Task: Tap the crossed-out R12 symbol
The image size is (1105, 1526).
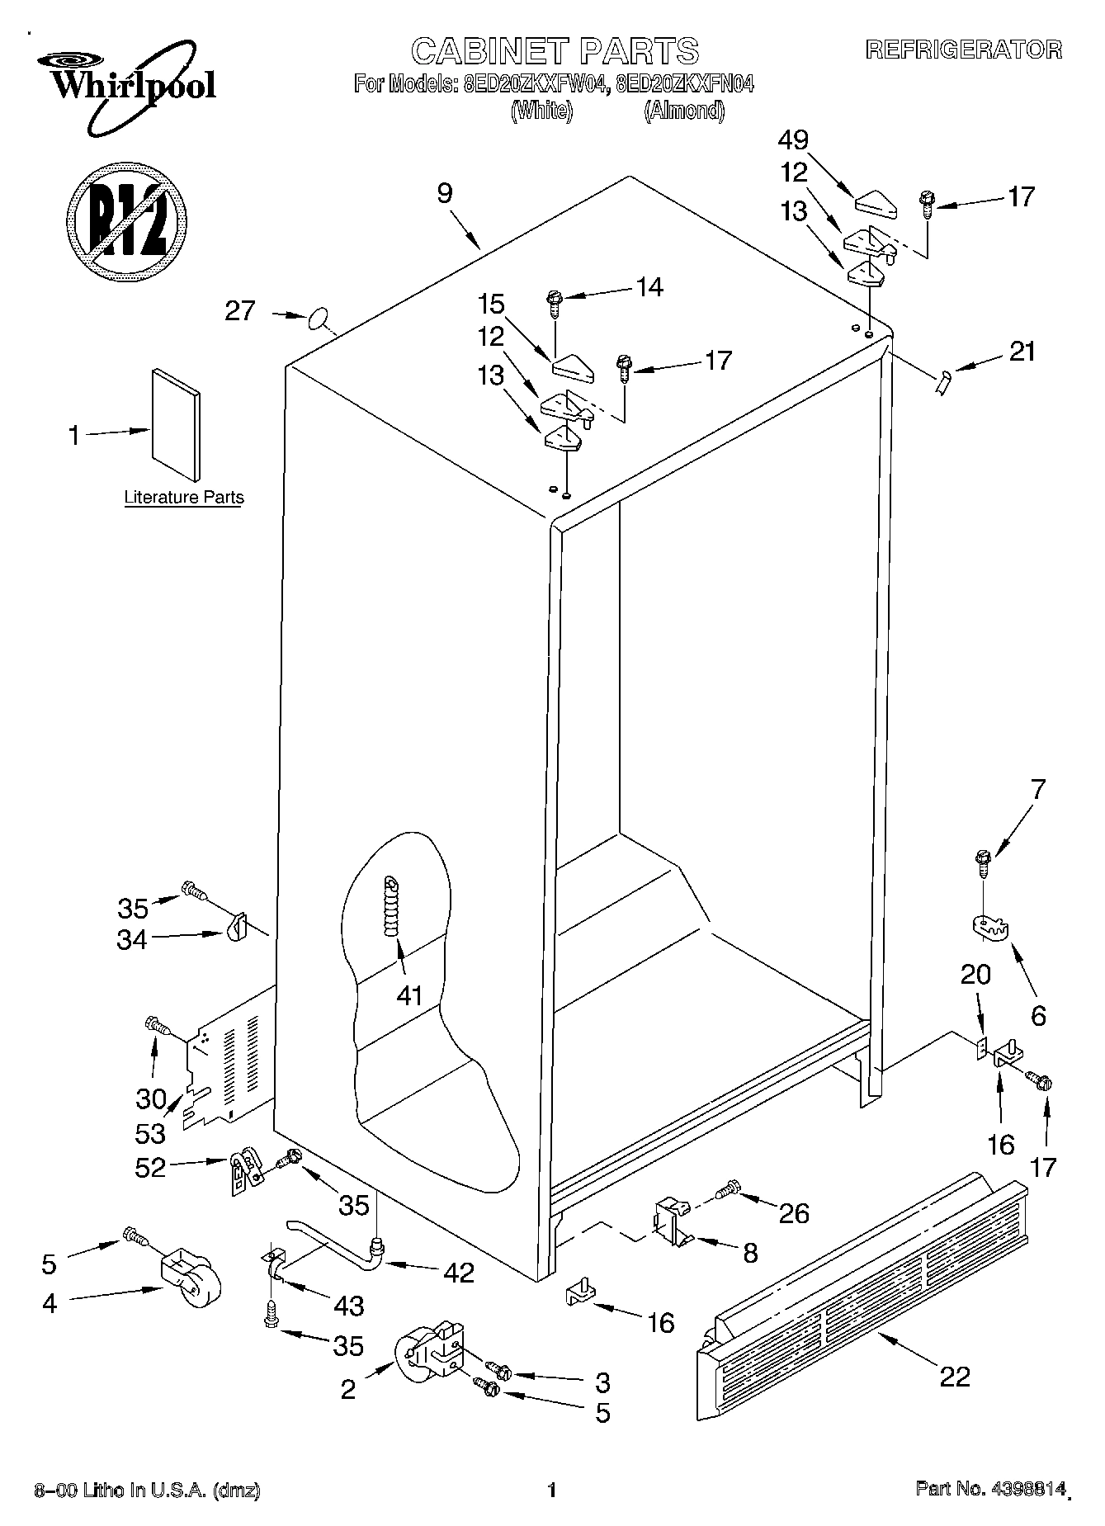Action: coord(125,220)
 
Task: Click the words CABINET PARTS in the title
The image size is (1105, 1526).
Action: coord(555,50)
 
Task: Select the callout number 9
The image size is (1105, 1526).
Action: coord(445,193)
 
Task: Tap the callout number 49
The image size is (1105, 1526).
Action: coord(792,139)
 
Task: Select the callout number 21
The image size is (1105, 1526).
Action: coord(1022,351)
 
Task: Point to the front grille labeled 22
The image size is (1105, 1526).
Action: coord(862,1295)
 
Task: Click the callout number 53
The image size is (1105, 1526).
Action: coord(151,1133)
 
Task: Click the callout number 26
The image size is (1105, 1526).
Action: coord(794,1212)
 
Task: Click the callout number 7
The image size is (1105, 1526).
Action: coord(1037,789)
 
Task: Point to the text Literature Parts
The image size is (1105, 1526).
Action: coord(184,497)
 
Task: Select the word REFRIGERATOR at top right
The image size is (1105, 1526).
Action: coord(963,50)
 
